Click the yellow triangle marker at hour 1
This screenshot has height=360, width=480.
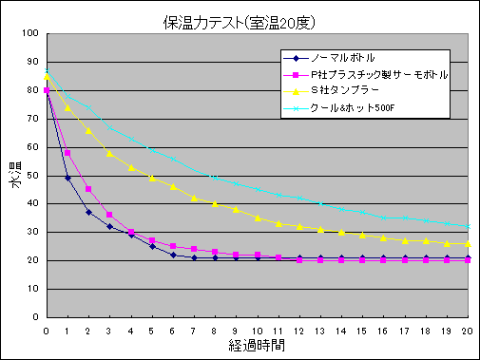coord(67,107)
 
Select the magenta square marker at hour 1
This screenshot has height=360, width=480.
coord(67,153)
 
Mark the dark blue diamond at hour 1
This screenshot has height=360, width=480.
coord(67,178)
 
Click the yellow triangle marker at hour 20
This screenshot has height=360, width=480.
coord(467,243)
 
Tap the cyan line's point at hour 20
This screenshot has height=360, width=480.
coord(467,226)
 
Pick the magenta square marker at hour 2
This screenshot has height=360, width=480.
coord(88,189)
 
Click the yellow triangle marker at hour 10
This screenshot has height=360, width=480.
coord(257,218)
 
